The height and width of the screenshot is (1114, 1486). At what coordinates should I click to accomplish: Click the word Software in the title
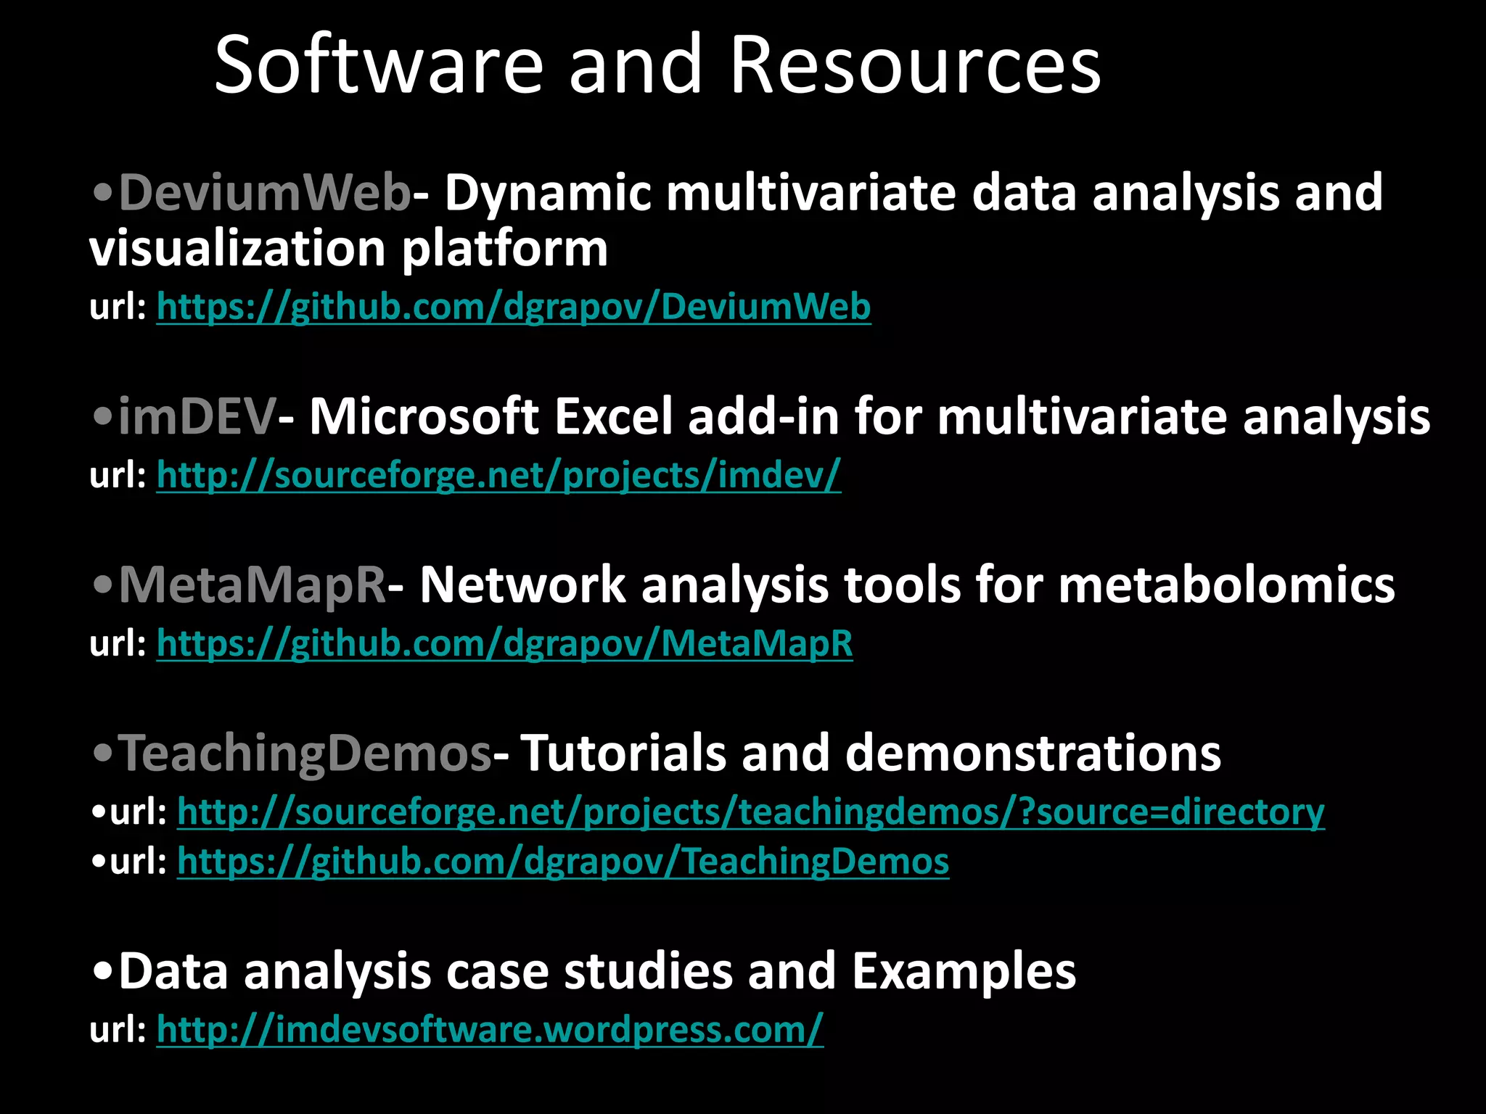(379, 65)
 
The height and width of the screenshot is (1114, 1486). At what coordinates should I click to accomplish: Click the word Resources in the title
(916, 65)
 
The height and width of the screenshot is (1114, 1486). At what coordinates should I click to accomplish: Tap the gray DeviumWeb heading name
(265, 193)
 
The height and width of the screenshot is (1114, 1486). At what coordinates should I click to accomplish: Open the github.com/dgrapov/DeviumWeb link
(514, 306)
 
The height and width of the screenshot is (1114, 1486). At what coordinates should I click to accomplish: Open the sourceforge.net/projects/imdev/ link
(498, 475)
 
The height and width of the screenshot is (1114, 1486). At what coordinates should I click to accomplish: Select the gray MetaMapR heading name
(252, 585)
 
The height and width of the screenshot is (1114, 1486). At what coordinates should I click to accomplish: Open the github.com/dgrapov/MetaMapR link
(504, 643)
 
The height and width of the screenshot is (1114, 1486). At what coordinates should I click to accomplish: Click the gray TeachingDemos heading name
(305, 753)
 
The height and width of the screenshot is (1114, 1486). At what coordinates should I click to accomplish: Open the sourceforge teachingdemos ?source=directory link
(750, 811)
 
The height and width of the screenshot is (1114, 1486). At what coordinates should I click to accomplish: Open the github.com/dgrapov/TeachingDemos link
(562, 862)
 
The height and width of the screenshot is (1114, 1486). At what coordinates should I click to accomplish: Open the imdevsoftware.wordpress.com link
(490, 1029)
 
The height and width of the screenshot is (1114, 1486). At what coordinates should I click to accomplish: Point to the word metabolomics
(1226, 585)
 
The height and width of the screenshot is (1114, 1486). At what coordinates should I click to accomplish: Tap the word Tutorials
(623, 753)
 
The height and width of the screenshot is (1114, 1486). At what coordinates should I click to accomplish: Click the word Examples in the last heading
(964, 971)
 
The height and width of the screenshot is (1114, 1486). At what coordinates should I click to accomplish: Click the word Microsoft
(424, 417)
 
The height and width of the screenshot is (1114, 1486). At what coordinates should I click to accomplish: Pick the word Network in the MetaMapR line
(522, 585)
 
